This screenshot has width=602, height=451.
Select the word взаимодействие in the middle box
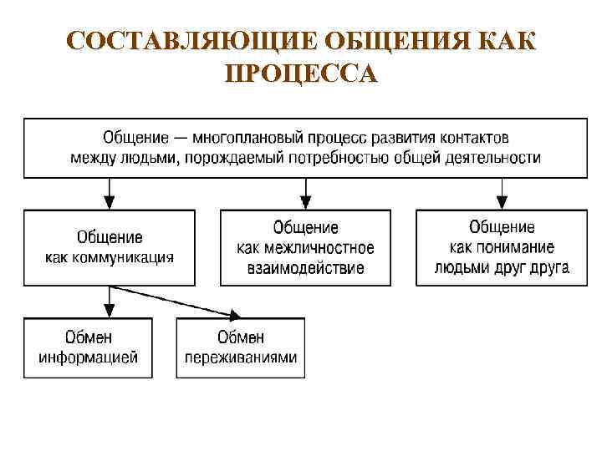click(305, 268)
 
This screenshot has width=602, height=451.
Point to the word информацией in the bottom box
click(88, 357)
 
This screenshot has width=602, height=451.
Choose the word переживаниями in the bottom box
click(241, 357)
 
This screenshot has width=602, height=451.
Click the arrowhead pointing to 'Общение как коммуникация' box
click(110, 202)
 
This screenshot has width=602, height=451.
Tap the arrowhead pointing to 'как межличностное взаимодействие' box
click(305, 202)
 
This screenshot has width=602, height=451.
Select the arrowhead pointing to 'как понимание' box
click(502, 202)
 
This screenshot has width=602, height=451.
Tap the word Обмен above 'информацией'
click(88, 337)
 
